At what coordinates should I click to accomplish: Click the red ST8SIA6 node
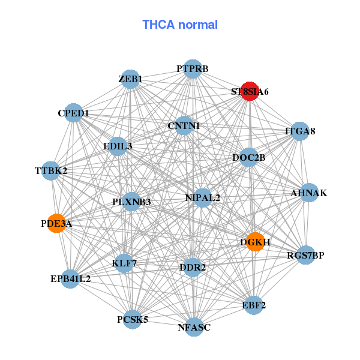click(250, 92)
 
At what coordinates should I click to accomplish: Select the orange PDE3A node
click(56, 223)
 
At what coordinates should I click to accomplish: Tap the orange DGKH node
click(255, 242)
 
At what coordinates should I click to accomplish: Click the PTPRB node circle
click(192, 69)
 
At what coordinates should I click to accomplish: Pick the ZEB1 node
click(130, 79)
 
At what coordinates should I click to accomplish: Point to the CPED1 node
click(73, 113)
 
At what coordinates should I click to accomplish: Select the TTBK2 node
click(52, 171)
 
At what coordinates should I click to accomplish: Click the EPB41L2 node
click(70, 278)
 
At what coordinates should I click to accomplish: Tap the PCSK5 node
click(133, 319)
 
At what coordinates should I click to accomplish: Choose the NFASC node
click(194, 327)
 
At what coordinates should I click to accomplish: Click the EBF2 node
click(254, 305)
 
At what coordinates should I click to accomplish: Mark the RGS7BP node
click(305, 255)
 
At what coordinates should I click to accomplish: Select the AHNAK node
click(308, 193)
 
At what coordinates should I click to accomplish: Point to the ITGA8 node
click(299, 131)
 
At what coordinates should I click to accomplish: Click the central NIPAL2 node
click(203, 197)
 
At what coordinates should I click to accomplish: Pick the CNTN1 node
click(184, 126)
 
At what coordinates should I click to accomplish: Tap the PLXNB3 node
click(131, 202)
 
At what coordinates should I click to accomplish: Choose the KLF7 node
click(124, 263)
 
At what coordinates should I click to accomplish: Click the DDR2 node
click(192, 267)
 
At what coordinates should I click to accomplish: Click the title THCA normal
click(179, 25)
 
